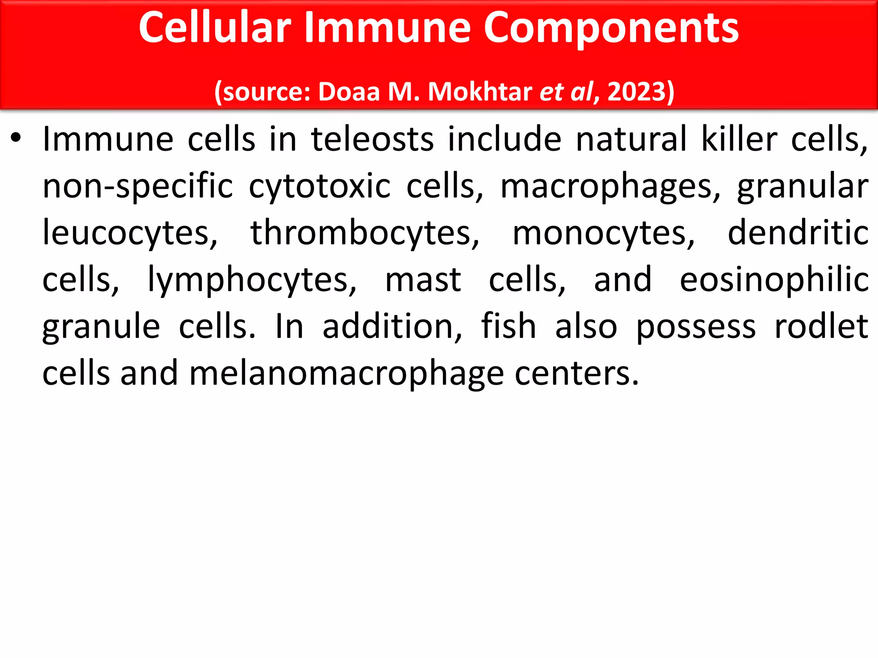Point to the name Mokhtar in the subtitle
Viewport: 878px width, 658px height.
click(x=480, y=92)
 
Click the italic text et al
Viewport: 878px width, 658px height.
click(x=566, y=92)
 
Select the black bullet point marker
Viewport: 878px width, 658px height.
click(x=16, y=138)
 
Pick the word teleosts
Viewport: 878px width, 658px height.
click(x=372, y=139)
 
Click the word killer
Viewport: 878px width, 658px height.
click(x=739, y=139)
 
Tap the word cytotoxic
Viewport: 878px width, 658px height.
click(x=319, y=187)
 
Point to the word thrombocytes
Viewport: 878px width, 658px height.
click(x=365, y=233)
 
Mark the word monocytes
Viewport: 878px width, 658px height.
click(x=604, y=233)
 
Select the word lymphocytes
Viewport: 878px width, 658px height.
click(x=252, y=280)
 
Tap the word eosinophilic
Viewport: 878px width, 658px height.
click(x=774, y=280)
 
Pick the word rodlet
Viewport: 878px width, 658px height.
click(x=821, y=326)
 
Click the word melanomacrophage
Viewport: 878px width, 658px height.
click(x=346, y=374)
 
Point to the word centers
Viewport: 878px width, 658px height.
click(x=577, y=374)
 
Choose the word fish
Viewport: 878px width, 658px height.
click(x=508, y=326)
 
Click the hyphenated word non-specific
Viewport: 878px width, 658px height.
click(x=138, y=187)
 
